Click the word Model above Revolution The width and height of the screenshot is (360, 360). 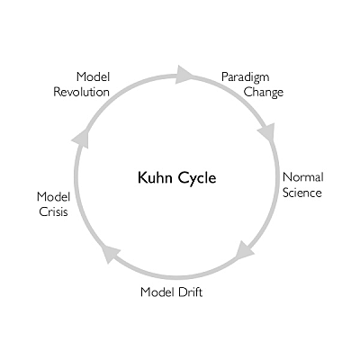click(x=93, y=77)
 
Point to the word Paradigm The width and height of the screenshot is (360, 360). click(x=245, y=77)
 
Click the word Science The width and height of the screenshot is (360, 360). click(x=301, y=192)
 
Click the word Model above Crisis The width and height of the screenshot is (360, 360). click(x=53, y=196)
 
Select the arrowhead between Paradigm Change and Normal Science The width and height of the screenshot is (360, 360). click(x=266, y=132)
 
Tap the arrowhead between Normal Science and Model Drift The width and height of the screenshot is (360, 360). click(x=243, y=249)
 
